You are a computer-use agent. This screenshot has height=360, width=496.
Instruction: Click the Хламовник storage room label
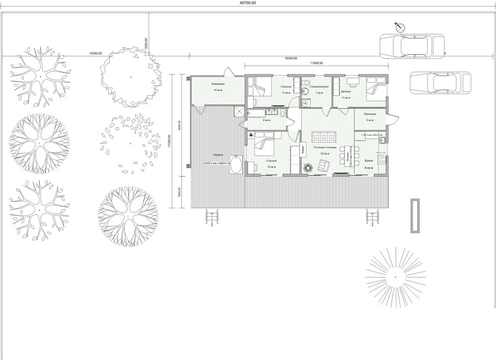click(x=219, y=83)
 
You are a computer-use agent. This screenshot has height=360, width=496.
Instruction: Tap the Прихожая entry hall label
click(x=370, y=114)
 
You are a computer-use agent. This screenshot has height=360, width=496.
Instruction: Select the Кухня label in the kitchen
click(x=369, y=161)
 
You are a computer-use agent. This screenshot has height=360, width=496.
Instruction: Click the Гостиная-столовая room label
click(x=325, y=148)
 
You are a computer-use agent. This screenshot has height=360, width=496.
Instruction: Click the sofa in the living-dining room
click(x=323, y=137)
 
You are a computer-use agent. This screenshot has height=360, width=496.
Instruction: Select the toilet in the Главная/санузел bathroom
click(x=307, y=82)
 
